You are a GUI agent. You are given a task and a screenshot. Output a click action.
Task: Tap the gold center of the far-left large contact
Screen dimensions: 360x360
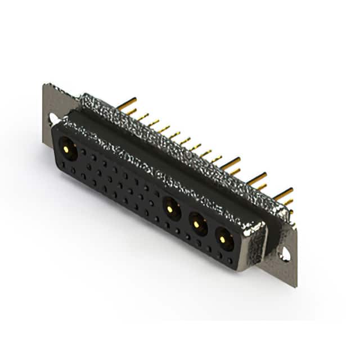pos(68,150)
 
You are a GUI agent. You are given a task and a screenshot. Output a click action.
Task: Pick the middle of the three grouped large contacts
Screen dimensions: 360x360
pos(197,224)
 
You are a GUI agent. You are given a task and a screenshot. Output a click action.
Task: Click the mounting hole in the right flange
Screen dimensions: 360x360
pos(285,254)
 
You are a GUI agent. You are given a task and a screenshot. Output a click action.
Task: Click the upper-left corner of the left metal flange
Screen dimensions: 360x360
pos(45,85)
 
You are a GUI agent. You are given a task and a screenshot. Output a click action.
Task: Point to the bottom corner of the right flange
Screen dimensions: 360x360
pos(295,286)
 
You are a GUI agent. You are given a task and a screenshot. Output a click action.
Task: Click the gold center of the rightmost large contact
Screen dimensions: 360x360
pos(223,240)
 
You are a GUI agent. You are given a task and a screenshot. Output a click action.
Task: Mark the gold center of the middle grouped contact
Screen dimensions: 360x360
pos(196,224)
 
